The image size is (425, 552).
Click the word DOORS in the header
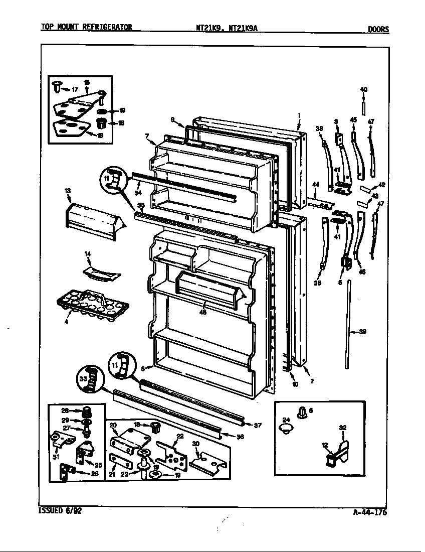[378, 29]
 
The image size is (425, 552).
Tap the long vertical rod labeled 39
[347, 326]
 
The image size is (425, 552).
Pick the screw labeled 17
[57, 88]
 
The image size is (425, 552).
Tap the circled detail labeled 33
[89, 380]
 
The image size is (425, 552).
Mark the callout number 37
[258, 425]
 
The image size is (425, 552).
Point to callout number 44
[315, 185]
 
